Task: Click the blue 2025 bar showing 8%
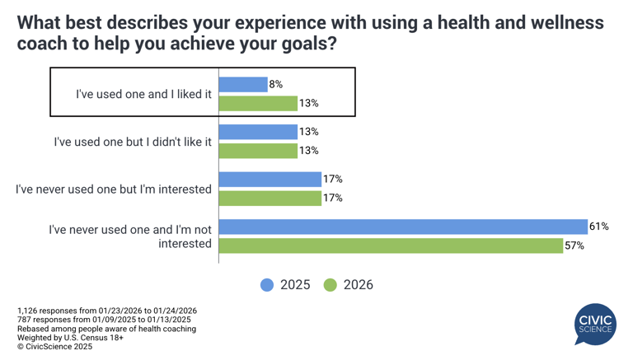tap(243, 84)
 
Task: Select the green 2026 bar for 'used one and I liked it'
tap(258, 103)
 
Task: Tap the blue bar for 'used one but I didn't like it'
tap(258, 132)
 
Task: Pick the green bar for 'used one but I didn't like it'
tap(258, 151)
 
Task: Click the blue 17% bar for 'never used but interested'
tap(270, 179)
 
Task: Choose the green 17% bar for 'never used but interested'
tap(270, 198)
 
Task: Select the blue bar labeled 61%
tap(403, 227)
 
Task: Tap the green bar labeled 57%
tap(392, 245)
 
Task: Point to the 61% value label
tap(599, 227)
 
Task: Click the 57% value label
tap(574, 245)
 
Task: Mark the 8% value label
tap(276, 84)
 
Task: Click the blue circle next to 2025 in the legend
tap(267, 285)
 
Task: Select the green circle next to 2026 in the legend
tap(330, 285)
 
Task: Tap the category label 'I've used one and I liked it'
tap(143, 94)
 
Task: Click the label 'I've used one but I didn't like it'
tap(133, 142)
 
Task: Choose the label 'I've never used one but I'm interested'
tap(114, 189)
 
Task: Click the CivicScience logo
tap(595, 323)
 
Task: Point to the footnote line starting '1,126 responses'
tap(107, 311)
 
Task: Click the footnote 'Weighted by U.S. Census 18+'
tap(71, 338)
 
